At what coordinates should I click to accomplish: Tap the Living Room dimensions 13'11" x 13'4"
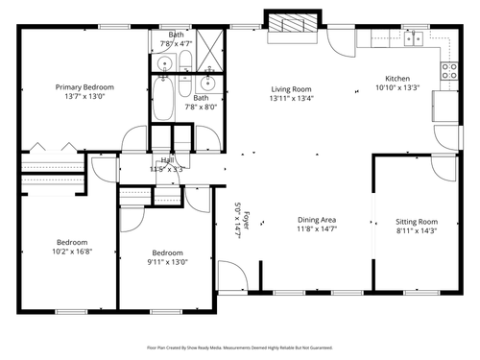(x=291, y=98)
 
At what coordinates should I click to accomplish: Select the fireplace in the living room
(x=289, y=26)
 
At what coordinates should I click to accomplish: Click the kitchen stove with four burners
(x=447, y=69)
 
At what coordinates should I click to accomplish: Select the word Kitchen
(x=398, y=79)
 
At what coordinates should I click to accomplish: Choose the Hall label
(x=167, y=160)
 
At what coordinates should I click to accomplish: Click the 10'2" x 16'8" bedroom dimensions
(x=72, y=252)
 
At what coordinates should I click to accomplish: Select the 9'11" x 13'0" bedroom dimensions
(x=167, y=261)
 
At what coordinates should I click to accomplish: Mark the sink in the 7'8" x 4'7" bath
(x=165, y=64)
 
